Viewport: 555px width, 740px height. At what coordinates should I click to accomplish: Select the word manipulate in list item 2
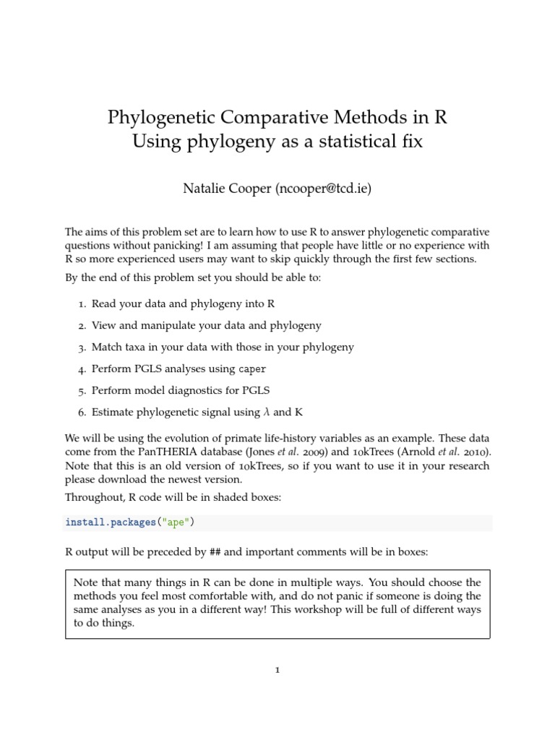(x=150, y=326)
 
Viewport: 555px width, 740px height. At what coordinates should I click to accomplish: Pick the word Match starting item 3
(x=106, y=347)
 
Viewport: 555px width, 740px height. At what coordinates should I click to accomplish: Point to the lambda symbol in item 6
(x=266, y=412)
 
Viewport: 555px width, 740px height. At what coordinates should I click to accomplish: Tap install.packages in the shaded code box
(x=107, y=522)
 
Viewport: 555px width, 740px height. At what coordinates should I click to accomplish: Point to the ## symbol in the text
(x=215, y=552)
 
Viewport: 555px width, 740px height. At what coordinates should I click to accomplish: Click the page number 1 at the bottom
(x=277, y=670)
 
